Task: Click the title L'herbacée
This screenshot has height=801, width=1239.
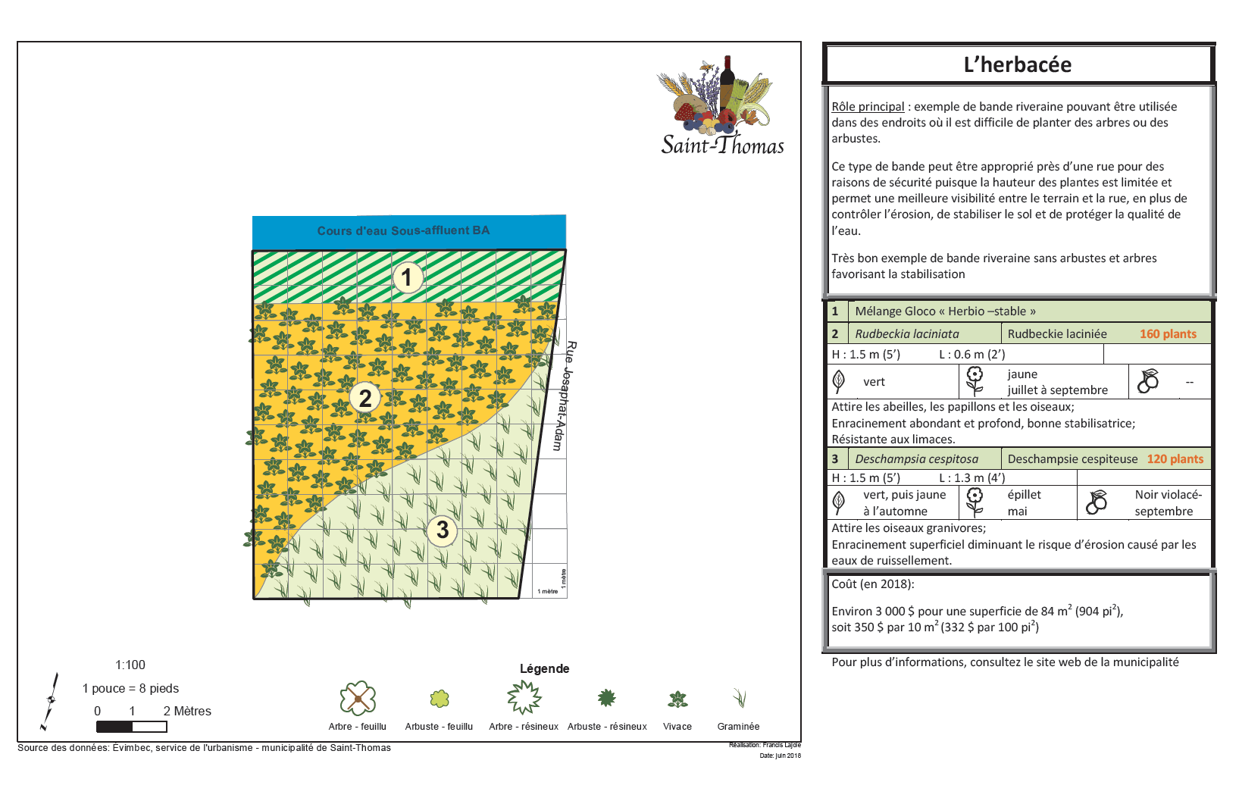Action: [1017, 65]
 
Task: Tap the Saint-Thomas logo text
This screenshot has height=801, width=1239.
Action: [722, 144]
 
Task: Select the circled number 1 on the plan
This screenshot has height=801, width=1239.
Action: [407, 277]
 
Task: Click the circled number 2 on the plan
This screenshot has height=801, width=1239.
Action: [365, 397]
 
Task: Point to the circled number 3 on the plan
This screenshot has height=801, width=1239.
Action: [443, 530]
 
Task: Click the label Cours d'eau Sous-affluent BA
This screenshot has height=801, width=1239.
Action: [403, 230]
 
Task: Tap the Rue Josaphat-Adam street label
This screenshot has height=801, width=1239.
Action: [565, 396]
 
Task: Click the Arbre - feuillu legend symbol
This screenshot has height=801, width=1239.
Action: [358, 698]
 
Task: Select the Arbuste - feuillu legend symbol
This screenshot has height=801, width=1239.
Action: [440, 699]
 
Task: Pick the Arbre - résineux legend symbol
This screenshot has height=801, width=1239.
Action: [524, 697]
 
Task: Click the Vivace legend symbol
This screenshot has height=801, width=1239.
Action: [677, 699]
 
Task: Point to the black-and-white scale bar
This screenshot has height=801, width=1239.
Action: [131, 727]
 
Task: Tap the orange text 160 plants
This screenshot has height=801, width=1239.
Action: [1168, 334]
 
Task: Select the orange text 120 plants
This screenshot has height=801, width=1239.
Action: [1175, 459]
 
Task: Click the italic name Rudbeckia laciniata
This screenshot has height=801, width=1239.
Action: [907, 334]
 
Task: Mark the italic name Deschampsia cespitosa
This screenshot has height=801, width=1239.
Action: [916, 459]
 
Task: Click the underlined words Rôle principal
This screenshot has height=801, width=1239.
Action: [868, 107]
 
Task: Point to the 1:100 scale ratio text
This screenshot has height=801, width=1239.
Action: [130, 665]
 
